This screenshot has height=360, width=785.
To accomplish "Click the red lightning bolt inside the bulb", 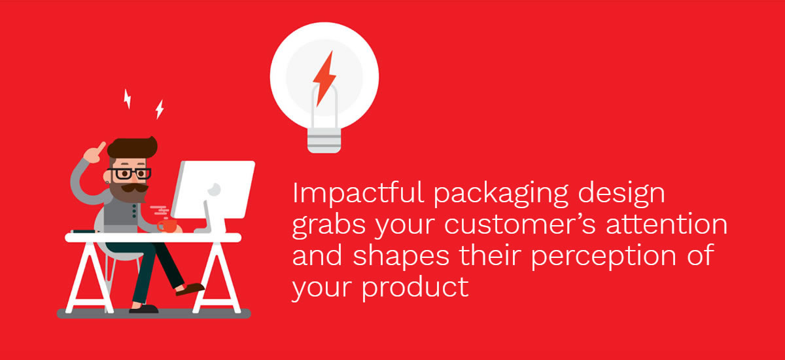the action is [x=324, y=79].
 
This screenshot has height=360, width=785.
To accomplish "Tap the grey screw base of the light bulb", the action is [x=324, y=140].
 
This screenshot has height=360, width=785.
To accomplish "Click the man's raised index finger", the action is [x=101, y=147].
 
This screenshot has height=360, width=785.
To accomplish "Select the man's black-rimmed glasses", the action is [x=130, y=173].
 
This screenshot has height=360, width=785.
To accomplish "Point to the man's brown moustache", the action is [x=135, y=189].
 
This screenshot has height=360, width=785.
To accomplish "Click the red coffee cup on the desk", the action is [x=167, y=226].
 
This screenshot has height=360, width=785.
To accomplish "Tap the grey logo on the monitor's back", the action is [x=214, y=190].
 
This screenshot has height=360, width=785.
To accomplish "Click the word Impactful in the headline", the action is [x=358, y=192].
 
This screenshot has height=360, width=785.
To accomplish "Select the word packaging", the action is [x=501, y=194].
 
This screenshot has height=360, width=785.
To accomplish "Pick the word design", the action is [x=621, y=194].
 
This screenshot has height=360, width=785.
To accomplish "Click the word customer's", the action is [x=520, y=224].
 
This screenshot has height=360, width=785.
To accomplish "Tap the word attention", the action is [x=667, y=223].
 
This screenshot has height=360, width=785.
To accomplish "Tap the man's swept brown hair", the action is [x=132, y=147].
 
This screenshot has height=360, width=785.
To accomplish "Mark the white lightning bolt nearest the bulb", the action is [x=160, y=109].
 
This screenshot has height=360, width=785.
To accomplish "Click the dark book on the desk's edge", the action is [x=84, y=231].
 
